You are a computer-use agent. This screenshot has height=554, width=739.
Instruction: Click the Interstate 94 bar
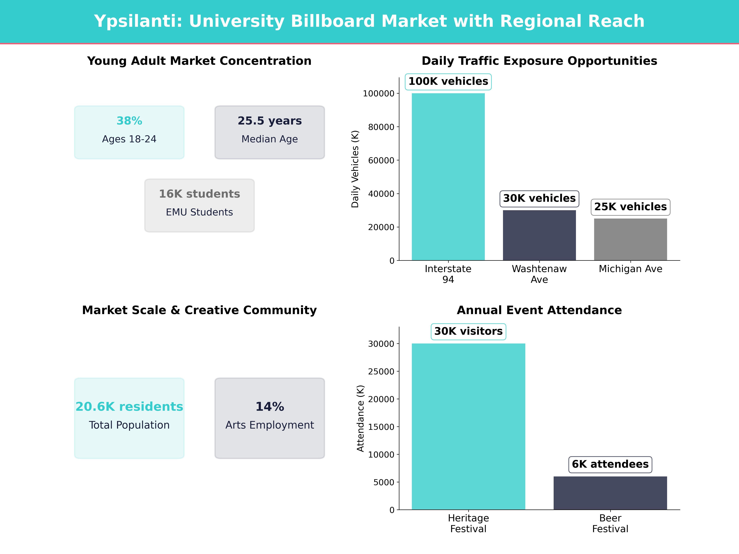click(x=448, y=177)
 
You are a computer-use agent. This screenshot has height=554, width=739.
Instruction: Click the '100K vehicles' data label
click(x=448, y=81)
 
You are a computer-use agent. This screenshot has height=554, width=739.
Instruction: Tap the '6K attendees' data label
click(x=610, y=464)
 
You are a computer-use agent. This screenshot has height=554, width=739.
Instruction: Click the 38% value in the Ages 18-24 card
click(x=129, y=121)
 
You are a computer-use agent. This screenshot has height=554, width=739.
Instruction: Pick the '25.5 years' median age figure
click(x=270, y=121)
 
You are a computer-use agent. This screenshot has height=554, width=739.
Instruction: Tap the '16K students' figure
click(x=199, y=194)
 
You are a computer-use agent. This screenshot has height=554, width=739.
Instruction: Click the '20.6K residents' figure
click(x=129, y=407)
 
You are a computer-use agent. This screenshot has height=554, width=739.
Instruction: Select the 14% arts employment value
click(x=270, y=407)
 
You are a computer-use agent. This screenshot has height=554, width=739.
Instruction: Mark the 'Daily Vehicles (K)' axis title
click(x=355, y=169)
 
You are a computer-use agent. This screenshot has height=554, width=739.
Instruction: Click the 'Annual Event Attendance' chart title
click(x=539, y=310)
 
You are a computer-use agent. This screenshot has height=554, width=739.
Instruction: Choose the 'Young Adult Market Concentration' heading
click(x=199, y=61)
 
